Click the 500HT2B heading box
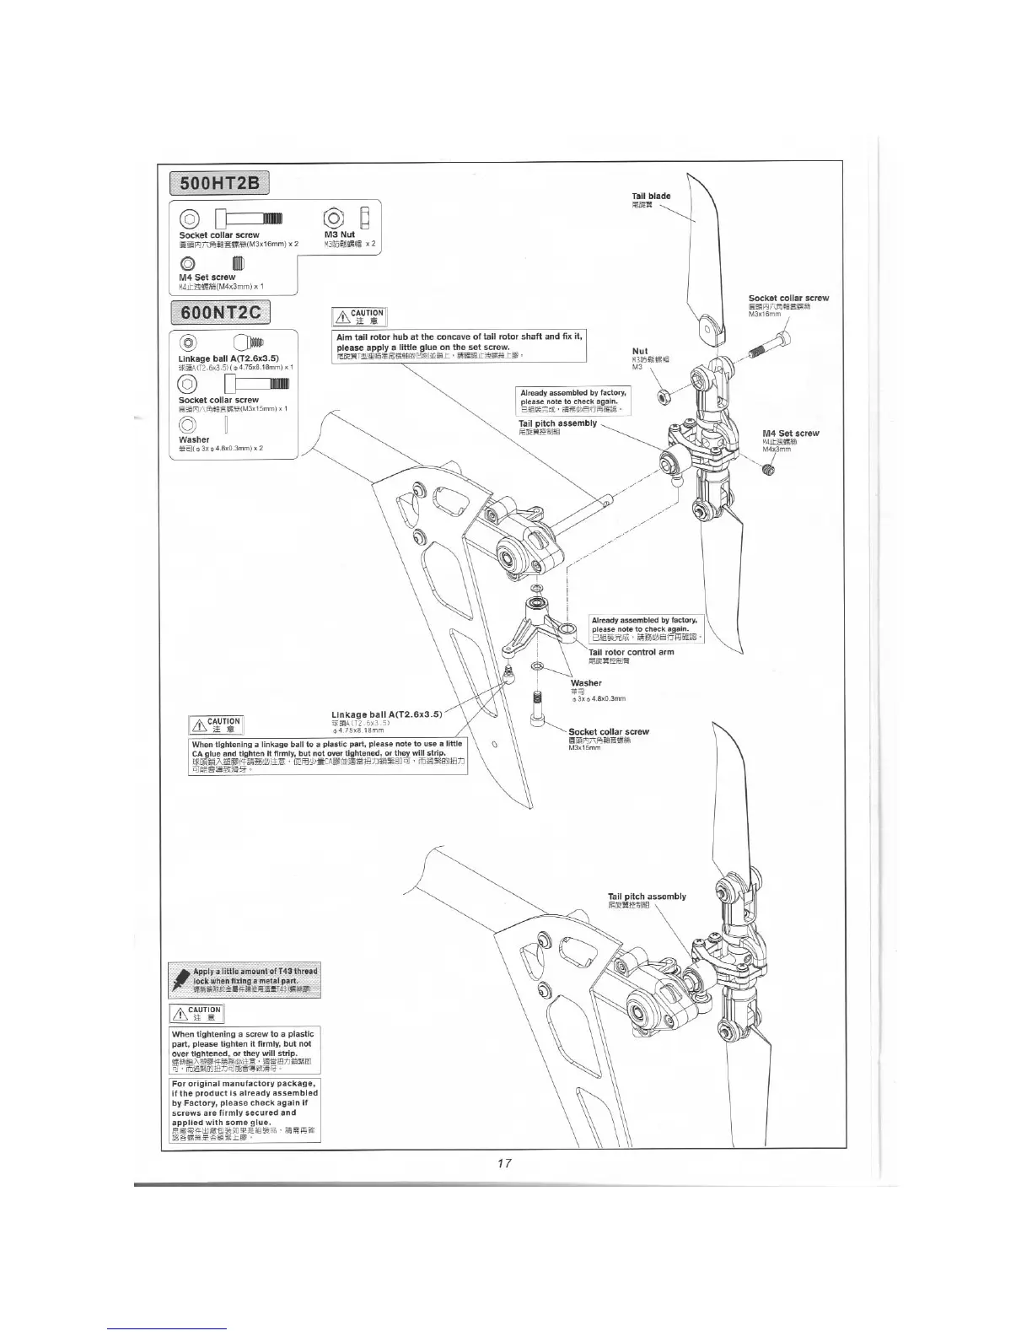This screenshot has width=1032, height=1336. (219, 182)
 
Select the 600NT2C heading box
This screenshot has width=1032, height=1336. (219, 313)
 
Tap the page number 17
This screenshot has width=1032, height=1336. (504, 1163)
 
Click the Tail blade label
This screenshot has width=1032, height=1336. (651, 197)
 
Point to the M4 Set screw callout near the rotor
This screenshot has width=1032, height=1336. (790, 434)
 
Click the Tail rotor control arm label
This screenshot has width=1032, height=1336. (631, 652)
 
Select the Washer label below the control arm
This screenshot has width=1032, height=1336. (586, 683)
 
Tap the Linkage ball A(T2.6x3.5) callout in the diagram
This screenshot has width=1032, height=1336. (387, 714)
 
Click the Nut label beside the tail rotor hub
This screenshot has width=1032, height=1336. (639, 351)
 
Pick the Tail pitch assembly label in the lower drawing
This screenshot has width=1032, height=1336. (647, 897)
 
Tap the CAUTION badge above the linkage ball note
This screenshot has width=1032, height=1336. (217, 725)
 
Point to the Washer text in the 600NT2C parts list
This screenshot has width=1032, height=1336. (194, 439)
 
